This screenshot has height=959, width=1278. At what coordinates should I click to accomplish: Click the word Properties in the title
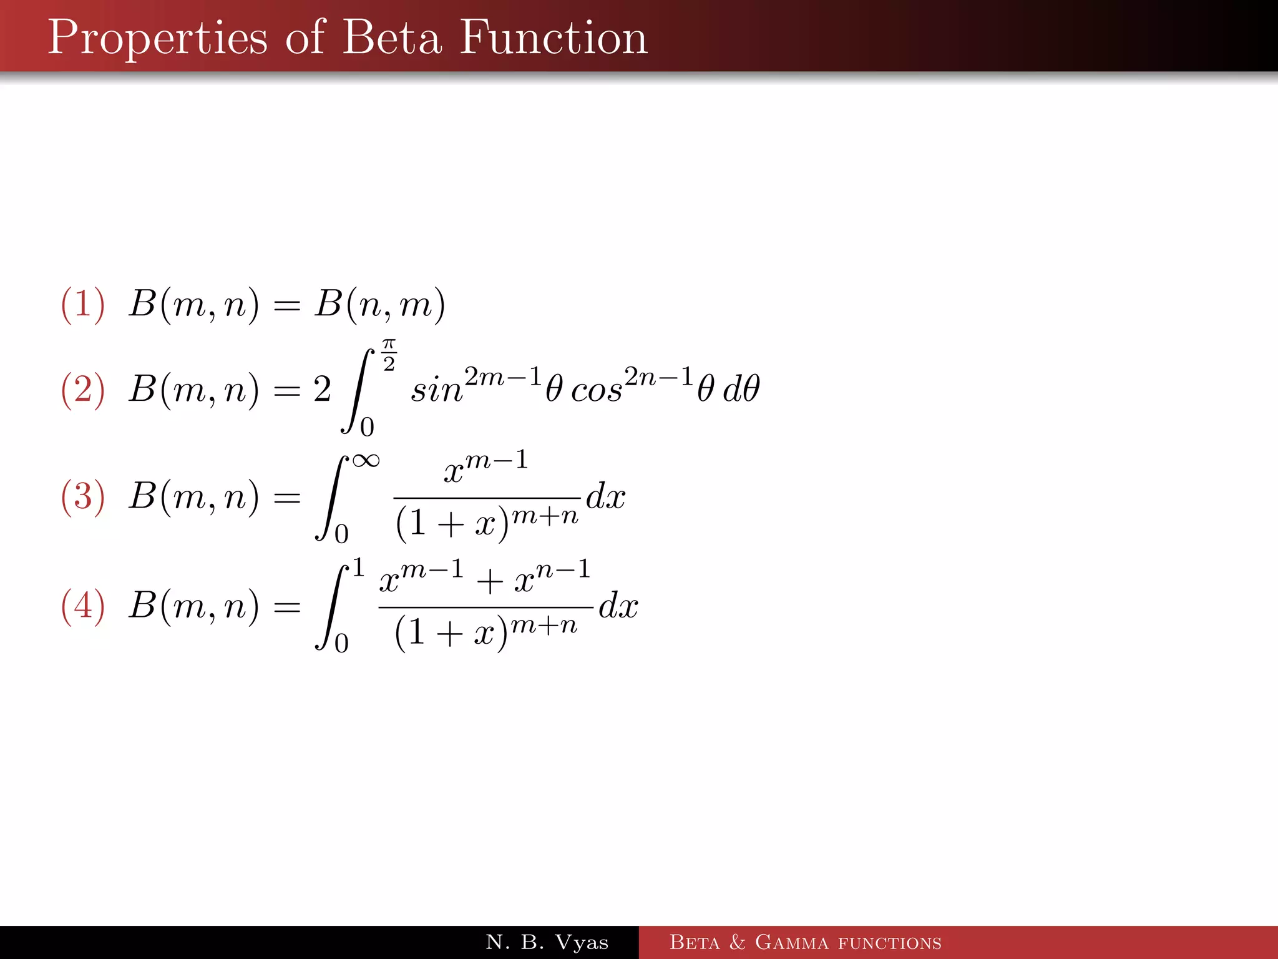point(157,39)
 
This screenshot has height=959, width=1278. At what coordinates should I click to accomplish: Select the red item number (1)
point(82,305)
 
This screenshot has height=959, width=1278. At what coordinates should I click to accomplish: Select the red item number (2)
point(82,390)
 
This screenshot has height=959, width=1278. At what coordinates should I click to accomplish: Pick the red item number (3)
point(82,497)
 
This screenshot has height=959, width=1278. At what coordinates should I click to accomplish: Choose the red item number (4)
point(82,606)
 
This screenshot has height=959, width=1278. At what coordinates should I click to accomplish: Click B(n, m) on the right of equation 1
point(379,305)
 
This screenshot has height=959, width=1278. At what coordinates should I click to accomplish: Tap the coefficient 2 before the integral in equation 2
point(322,390)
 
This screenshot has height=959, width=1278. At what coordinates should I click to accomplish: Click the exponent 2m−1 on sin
point(503,376)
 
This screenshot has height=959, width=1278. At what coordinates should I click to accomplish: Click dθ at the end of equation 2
point(741,390)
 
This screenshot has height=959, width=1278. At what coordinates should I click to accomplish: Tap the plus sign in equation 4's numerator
point(490,582)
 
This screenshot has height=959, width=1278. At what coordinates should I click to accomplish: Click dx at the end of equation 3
point(605,497)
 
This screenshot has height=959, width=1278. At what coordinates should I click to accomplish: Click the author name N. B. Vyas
point(547,942)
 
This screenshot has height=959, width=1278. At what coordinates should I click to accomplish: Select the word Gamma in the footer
point(792,942)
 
